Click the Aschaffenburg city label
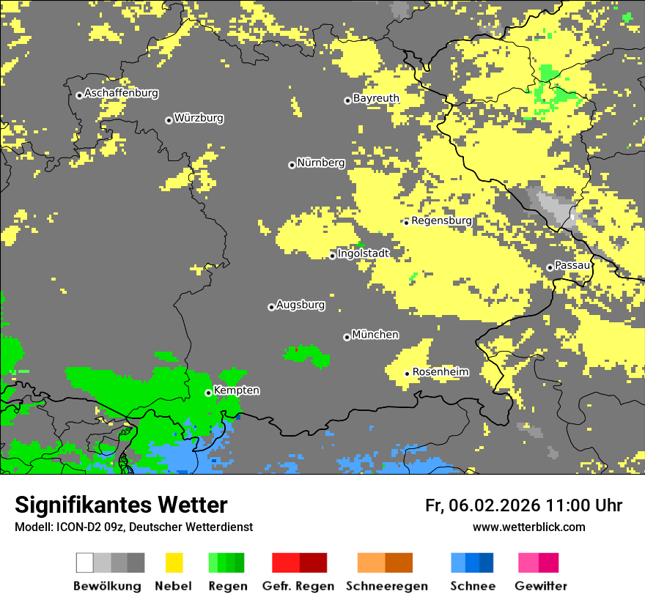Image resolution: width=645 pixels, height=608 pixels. pos(121,94)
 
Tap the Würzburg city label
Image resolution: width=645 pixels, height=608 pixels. pos(199,118)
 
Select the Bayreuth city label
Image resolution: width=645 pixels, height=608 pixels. pos(376,98)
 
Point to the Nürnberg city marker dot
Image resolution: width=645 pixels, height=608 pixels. pos(292,165)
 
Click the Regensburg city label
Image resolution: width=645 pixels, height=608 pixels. pos(441,220)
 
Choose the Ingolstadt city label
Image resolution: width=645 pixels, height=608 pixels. pos(364,253)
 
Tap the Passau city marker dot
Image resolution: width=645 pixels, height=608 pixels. pos(550,267)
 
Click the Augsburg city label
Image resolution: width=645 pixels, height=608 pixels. pos(301,305)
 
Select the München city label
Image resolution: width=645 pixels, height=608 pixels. pos(375,335)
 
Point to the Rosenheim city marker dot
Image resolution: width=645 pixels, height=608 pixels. pos(408,374)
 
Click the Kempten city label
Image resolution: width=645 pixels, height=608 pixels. pos(236,390)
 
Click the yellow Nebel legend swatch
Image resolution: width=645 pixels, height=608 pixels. pos(174,563)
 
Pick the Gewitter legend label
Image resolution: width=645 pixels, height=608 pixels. pos(541,586)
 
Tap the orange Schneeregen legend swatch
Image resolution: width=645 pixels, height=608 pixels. pos(371,563)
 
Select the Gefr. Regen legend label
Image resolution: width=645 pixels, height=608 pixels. pos(298,586)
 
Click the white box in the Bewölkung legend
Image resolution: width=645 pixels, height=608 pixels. pos(85,563)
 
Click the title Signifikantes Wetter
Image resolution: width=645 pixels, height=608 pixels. pos(121,505)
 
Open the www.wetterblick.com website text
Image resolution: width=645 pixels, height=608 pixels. pos(528,527)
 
